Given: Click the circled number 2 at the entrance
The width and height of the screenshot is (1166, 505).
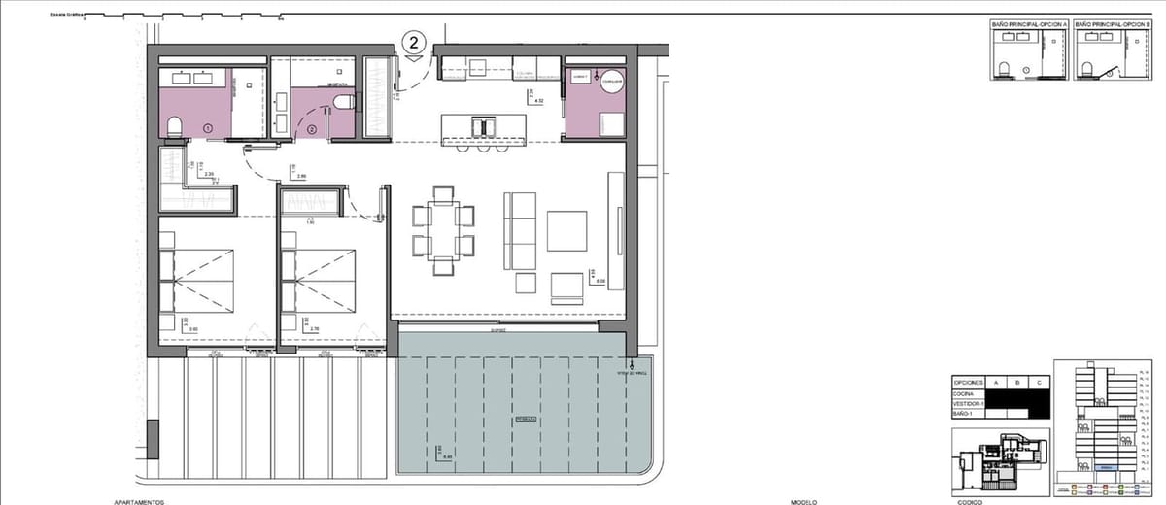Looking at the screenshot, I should tap(415, 42).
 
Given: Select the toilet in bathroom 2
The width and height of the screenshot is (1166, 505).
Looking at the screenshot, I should tap(351, 101).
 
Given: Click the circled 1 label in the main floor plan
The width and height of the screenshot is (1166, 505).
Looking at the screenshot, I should tap(207, 128).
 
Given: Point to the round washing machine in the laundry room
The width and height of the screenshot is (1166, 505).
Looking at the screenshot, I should tap(610, 83).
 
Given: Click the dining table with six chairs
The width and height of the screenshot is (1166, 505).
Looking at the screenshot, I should tap(442, 229).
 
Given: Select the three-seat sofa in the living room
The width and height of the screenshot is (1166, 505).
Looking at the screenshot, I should tap(520, 231).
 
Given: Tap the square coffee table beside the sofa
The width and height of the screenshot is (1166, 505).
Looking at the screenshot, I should tap(566, 230).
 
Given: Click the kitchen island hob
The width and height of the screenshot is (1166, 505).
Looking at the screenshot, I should tap(481, 127).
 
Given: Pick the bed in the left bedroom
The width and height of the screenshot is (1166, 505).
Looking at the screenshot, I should tap(198, 281).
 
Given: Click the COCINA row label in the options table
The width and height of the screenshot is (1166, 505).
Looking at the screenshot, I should tap(964, 393).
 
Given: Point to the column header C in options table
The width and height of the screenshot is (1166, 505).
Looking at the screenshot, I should tap(1040, 383).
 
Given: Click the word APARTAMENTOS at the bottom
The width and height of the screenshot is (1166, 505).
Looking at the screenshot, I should tap(132, 502).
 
